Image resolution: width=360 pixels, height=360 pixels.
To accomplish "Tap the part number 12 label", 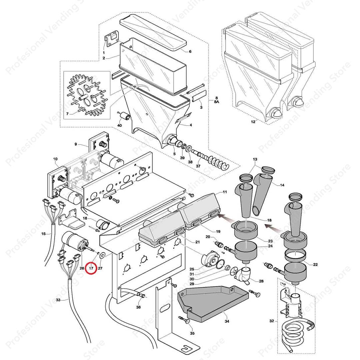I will pos(253,122).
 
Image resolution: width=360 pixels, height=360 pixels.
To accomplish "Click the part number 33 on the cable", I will pos(58,300).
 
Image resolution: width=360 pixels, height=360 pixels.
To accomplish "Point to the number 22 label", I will pos(315,264).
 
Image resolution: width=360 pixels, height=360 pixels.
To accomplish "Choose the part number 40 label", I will pos(120,125).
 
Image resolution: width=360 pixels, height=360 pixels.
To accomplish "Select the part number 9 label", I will pos(76,144).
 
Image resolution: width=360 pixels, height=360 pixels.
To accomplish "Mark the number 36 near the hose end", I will pos(138,307).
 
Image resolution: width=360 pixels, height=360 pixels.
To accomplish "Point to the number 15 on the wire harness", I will pos(43,234).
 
